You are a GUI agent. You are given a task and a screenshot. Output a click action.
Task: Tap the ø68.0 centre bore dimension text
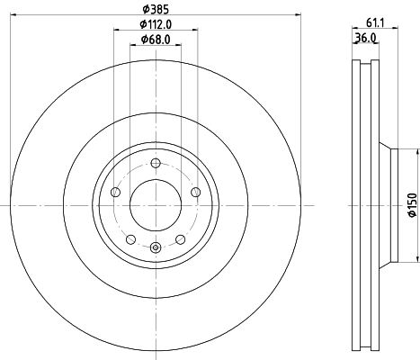coord(156,40)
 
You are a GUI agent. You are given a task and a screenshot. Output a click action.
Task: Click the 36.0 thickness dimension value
coord(365,39)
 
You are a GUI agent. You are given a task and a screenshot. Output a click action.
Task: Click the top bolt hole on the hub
coord(156,162)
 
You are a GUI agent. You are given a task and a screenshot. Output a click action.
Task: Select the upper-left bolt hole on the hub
coord(115,192)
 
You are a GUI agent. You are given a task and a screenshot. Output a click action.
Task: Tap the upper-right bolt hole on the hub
coord(196,192)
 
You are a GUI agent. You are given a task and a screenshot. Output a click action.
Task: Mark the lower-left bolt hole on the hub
coord(130,238)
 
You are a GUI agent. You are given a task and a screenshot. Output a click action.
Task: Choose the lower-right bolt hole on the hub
coord(181,238)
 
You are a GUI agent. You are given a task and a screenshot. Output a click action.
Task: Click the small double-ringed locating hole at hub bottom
coord(156,248)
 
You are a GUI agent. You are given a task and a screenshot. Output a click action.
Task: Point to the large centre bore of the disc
coord(156,205)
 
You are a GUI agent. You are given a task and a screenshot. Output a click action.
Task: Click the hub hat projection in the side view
coord(389,205)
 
